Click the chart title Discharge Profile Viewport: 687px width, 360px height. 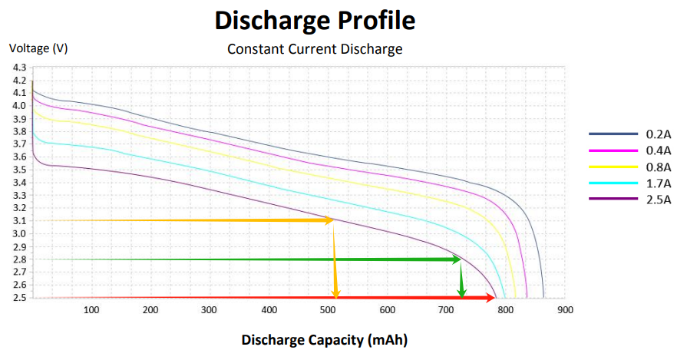point(315,21)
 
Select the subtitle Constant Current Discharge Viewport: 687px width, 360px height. point(315,50)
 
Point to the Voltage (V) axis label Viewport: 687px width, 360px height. point(38,48)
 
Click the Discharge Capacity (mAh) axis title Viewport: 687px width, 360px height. point(325,339)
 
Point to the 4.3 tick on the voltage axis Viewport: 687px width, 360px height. point(19,68)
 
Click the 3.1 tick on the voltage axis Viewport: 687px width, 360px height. point(19,221)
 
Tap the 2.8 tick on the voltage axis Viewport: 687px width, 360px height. point(19,259)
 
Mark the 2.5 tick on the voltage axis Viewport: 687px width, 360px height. point(19,298)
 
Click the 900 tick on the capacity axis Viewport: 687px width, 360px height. point(566,310)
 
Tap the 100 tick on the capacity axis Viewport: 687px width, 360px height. point(91,310)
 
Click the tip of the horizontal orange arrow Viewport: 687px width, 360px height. point(332,220)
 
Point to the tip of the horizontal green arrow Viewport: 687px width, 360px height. point(460,259)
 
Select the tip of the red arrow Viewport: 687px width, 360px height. point(494,298)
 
